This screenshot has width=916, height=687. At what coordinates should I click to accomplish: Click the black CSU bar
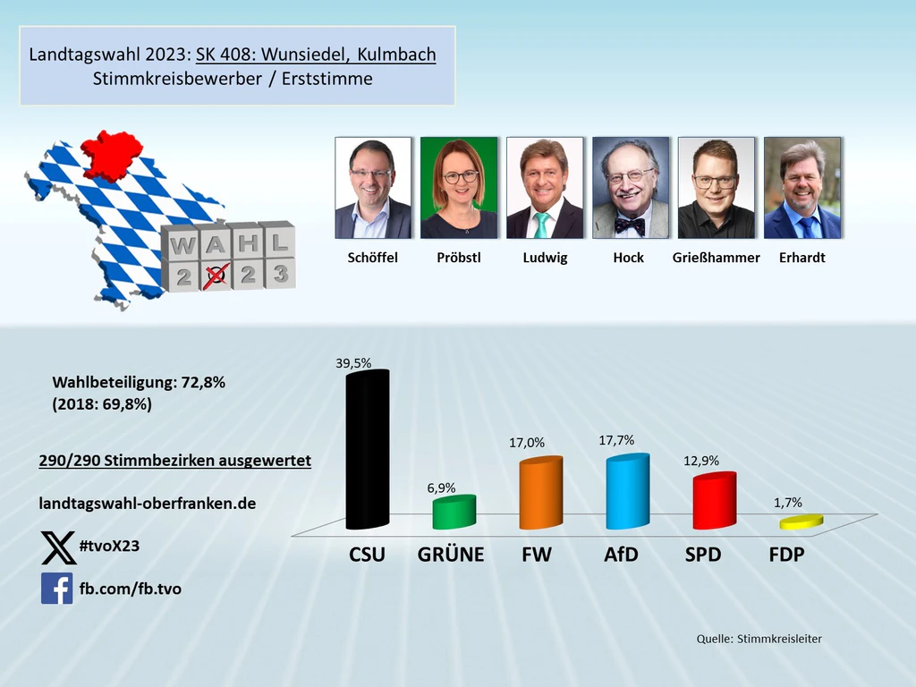(367, 452)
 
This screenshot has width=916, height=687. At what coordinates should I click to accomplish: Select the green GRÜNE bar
(454, 513)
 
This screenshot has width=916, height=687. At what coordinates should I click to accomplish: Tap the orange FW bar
(541, 495)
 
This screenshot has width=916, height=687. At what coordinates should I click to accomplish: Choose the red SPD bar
(714, 501)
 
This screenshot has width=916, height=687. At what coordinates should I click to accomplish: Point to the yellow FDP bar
(801, 522)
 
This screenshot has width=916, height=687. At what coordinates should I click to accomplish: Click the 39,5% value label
(353, 362)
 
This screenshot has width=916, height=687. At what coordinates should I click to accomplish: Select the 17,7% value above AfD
(617, 440)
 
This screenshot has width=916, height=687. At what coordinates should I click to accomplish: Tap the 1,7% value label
(787, 503)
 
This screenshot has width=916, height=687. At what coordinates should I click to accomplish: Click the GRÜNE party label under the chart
(451, 555)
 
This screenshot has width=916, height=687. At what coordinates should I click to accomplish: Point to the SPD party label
(703, 555)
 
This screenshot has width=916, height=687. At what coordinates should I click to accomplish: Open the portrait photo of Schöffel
(373, 188)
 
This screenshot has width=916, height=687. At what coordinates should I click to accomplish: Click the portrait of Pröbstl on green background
(459, 188)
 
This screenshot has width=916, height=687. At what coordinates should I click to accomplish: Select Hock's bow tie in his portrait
(630, 225)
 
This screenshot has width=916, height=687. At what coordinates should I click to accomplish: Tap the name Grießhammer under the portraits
(717, 258)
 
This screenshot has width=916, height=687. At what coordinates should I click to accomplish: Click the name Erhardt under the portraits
(801, 258)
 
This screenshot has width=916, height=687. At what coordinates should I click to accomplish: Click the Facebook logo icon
(56, 589)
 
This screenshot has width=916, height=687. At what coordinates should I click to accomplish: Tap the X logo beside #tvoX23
(59, 547)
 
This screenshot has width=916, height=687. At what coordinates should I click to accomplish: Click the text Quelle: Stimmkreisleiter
(759, 639)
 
